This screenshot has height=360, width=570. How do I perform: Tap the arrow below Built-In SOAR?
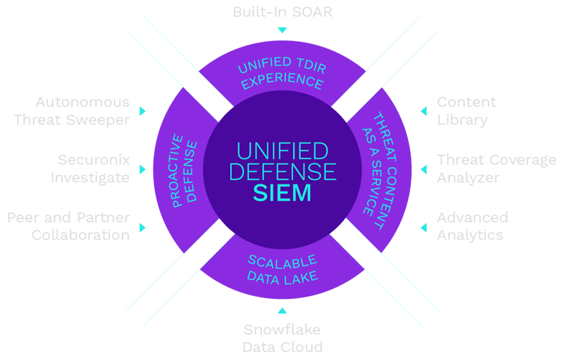pyautogui.click(x=282, y=30)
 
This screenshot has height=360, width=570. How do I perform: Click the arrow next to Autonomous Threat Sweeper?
pyautogui.click(x=142, y=111)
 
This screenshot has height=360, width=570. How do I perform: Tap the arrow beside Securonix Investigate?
pyautogui.click(x=142, y=169)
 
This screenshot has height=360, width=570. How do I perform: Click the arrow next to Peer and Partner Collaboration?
pyautogui.click(x=142, y=227)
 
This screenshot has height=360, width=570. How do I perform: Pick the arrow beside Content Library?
pyautogui.click(x=424, y=111)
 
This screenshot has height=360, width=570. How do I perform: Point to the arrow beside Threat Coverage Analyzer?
pyautogui.click(x=424, y=169)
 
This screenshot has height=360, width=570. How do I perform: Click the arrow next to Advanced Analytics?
pyautogui.click(x=424, y=227)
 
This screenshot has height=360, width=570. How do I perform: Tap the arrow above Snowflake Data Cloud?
pyautogui.click(x=282, y=310)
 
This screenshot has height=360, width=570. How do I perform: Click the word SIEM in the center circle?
pyautogui.click(x=282, y=194)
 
